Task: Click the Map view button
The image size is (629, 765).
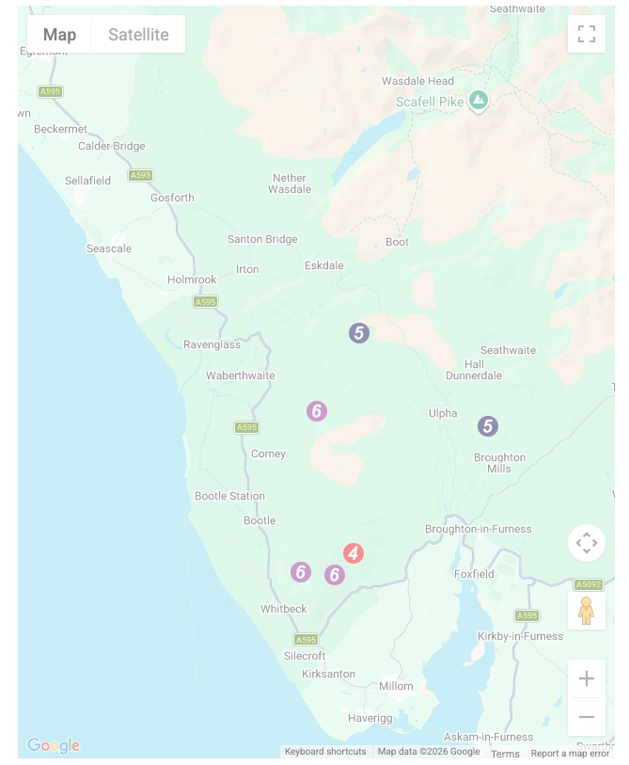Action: (x=59, y=35)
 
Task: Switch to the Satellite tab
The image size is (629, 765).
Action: (x=138, y=35)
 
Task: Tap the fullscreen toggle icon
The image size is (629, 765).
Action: (x=587, y=35)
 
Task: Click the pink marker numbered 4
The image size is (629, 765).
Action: (x=353, y=553)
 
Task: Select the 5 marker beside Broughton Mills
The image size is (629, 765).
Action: (x=487, y=426)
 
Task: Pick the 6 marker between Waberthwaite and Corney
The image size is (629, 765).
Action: (x=317, y=411)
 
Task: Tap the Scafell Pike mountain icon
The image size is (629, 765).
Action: (x=479, y=100)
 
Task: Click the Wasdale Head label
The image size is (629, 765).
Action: (x=417, y=82)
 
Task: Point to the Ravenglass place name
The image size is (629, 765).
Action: (x=212, y=344)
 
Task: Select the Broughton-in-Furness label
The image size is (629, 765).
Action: (x=478, y=529)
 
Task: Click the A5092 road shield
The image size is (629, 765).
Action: (x=588, y=584)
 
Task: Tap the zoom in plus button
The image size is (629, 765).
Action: (x=587, y=678)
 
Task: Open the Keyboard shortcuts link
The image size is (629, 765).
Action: (x=325, y=752)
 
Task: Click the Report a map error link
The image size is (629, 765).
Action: (x=570, y=754)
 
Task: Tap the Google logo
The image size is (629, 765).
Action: (x=54, y=746)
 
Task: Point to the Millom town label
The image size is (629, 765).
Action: (x=396, y=686)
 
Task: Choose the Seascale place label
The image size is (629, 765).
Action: (x=109, y=248)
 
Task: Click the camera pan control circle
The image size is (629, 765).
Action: (x=587, y=543)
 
